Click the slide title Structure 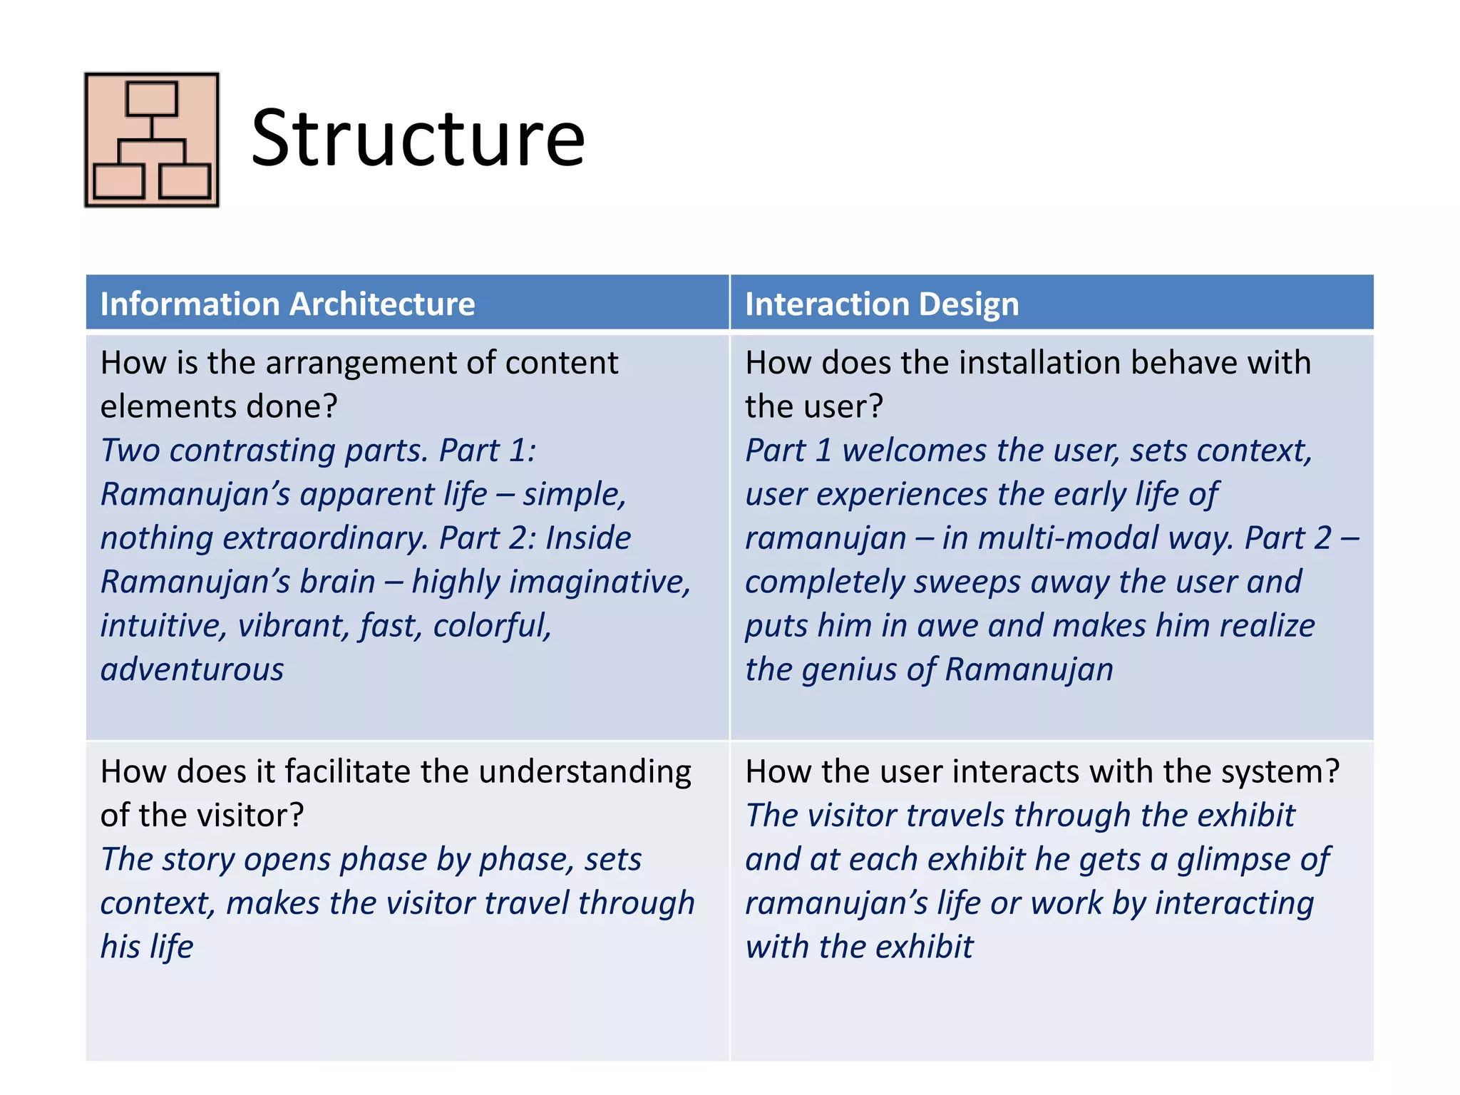[x=418, y=138]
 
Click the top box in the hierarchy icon [x=151, y=99]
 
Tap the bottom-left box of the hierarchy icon [x=118, y=181]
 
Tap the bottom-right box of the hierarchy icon [x=185, y=181]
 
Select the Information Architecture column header [x=287, y=304]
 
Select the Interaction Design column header [x=882, y=304]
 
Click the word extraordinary [x=325, y=538]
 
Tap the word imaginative [x=550, y=582]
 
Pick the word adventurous [x=192, y=670]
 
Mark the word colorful [x=492, y=626]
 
